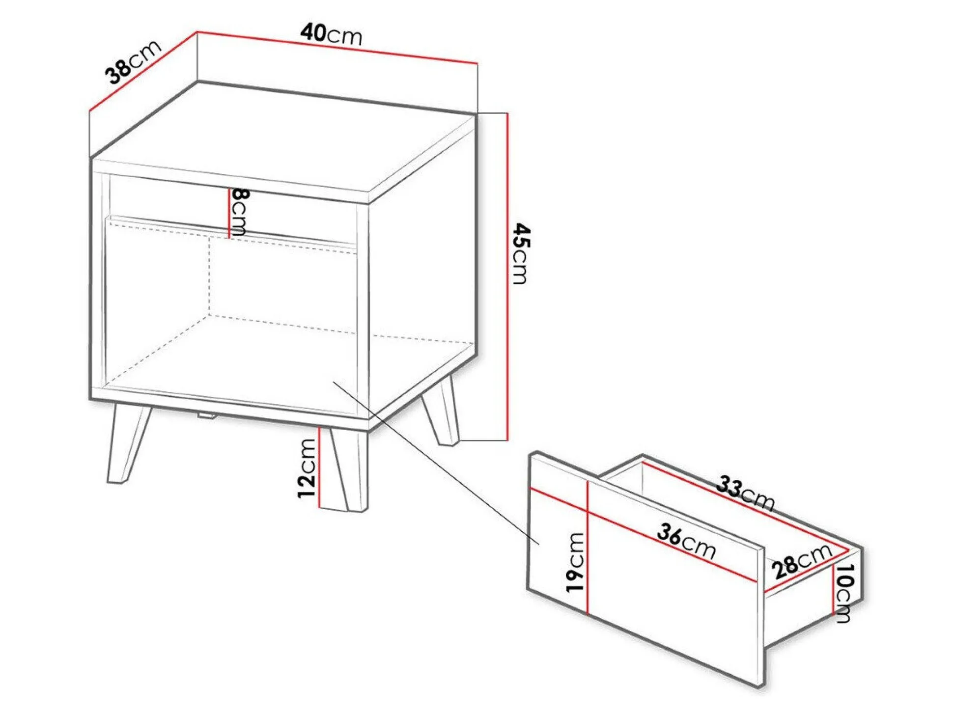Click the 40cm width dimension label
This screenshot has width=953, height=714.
coord(332,34)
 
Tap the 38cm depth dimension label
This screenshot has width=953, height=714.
coord(133,62)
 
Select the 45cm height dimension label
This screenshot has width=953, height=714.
coord(521,254)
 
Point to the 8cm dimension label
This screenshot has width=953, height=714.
coord(239,212)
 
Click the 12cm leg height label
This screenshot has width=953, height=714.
coord(306,468)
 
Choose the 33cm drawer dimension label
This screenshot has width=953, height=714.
coord(745,494)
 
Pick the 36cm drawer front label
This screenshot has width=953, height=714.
coord(686,541)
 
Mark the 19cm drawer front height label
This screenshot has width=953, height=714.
coord(575,562)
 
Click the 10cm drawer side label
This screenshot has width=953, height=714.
coord(844,593)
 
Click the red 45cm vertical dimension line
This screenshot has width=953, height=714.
coord(507,276)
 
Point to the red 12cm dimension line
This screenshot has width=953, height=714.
coord(319,467)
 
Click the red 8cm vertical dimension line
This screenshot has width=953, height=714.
coord(229,213)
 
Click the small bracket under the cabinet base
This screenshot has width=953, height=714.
coord(206,416)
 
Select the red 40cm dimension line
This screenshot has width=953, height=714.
coord(337,48)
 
